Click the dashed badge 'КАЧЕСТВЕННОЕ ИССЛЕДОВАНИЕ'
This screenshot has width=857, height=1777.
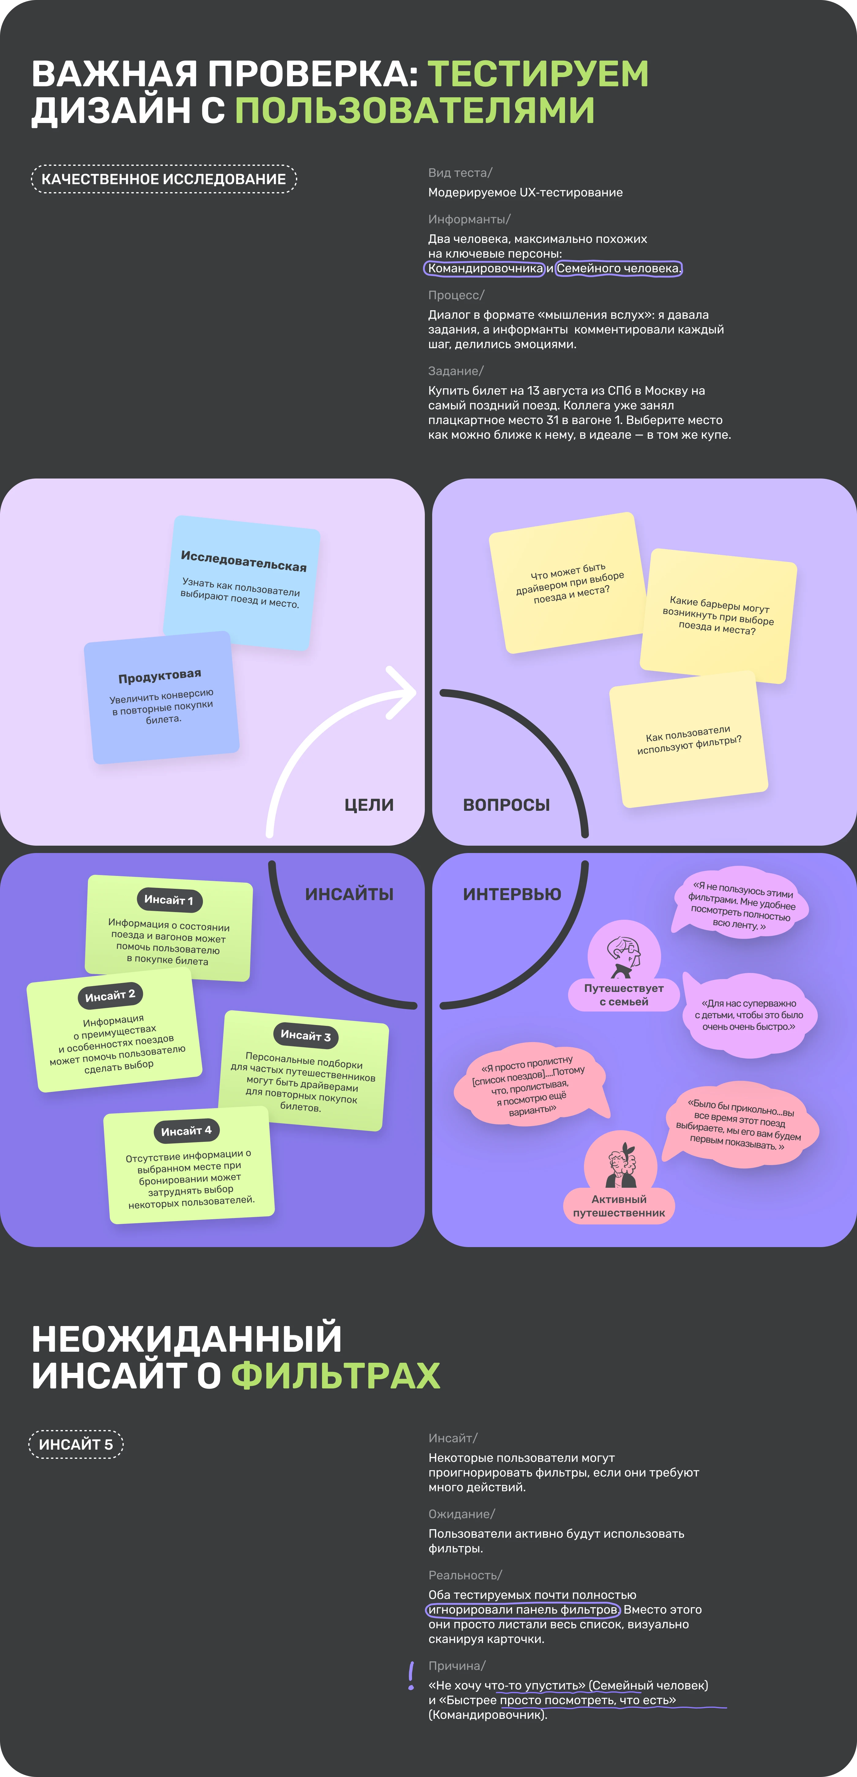(163, 179)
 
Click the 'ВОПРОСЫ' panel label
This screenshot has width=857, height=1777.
(507, 805)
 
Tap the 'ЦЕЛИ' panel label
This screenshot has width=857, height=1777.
(369, 805)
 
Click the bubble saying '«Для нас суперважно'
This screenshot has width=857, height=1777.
(749, 1015)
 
